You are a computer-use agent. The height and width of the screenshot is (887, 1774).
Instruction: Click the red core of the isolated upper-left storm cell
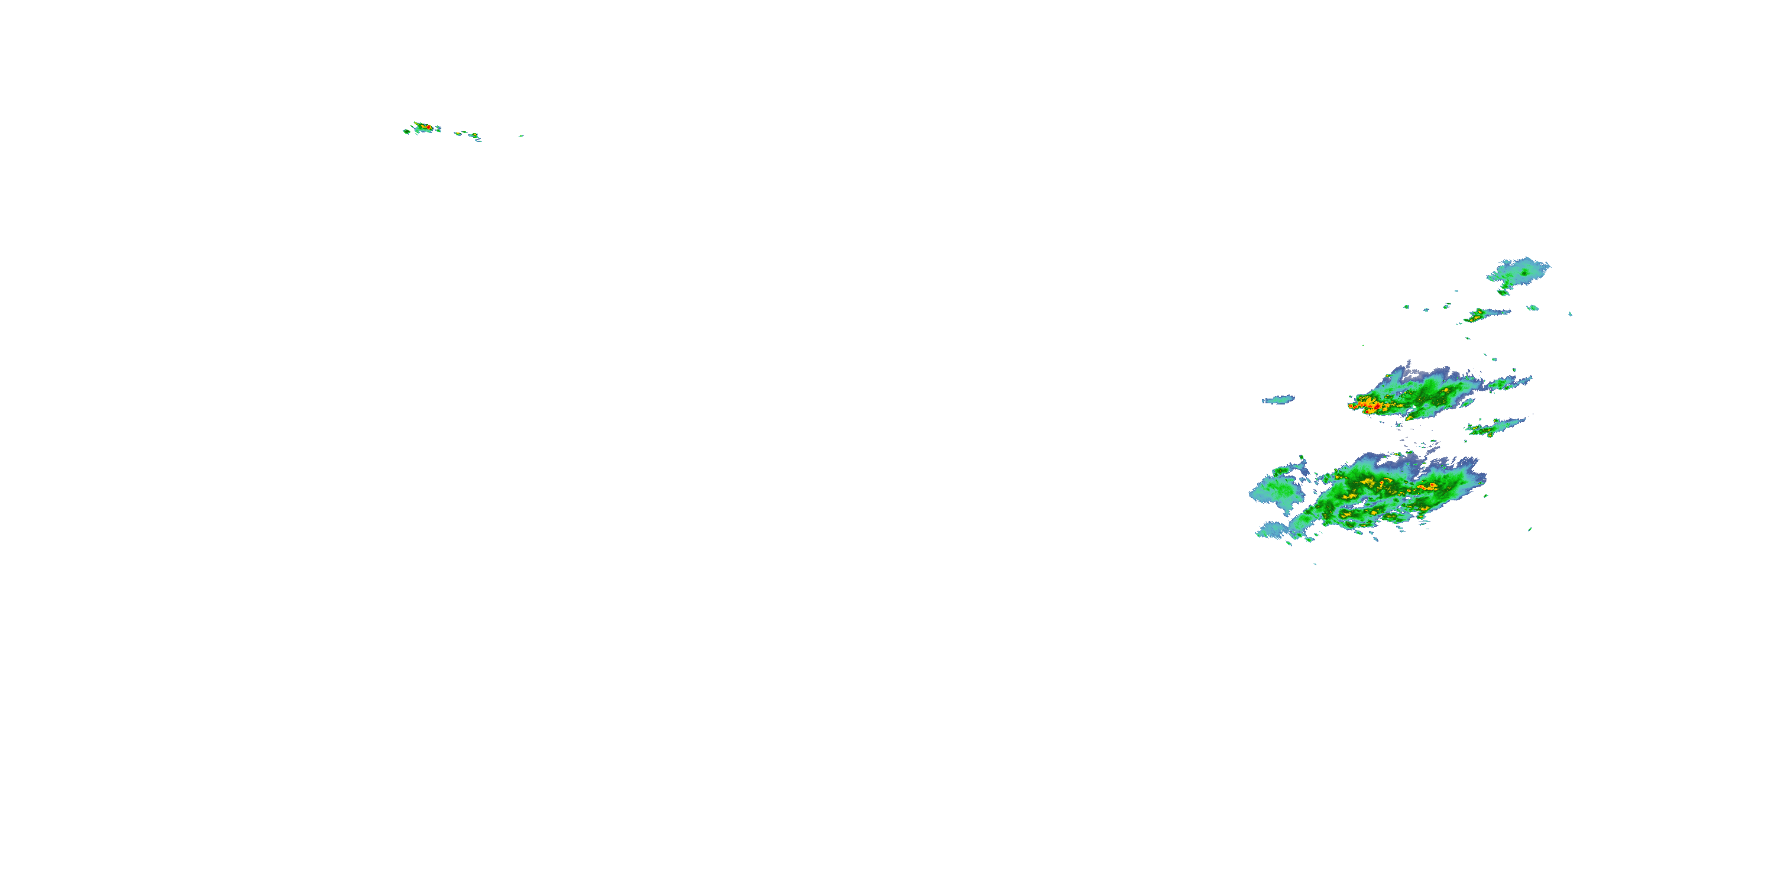427,127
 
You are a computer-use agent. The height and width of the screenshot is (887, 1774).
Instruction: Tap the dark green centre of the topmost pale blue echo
1524,273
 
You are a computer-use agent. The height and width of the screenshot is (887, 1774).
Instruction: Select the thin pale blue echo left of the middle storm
1278,399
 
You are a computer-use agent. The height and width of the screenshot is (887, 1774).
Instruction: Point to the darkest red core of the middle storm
1376,407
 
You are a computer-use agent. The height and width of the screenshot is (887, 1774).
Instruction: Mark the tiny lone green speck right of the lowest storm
1530,529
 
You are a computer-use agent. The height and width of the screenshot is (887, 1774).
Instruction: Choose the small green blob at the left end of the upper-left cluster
406,131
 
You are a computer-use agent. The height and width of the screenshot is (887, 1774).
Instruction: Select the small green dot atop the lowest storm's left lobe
1302,457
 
